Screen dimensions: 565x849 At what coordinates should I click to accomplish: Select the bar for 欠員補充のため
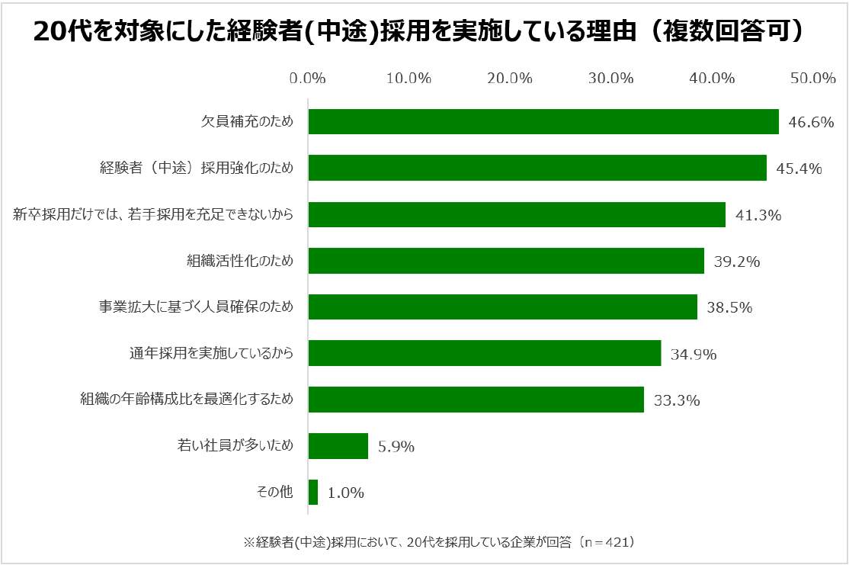pyautogui.click(x=543, y=122)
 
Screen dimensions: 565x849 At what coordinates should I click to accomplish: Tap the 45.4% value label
pyautogui.click(x=799, y=169)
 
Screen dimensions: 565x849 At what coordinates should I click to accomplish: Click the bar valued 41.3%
pyautogui.click(x=517, y=214)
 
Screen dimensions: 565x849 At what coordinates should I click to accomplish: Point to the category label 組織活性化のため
pyautogui.click(x=240, y=262)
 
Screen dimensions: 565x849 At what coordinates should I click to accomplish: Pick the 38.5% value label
pyautogui.click(x=729, y=307)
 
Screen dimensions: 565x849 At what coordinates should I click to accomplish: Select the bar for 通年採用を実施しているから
pyautogui.click(x=485, y=353)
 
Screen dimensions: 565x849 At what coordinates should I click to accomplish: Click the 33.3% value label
pyautogui.click(x=676, y=400)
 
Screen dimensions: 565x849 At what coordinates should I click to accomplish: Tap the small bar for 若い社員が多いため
pyautogui.click(x=338, y=446)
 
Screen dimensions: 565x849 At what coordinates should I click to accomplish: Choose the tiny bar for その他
pyautogui.click(x=313, y=492)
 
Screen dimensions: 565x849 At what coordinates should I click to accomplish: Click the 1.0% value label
pyautogui.click(x=346, y=493)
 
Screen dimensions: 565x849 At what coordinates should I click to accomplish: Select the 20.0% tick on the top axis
pyautogui.click(x=510, y=78)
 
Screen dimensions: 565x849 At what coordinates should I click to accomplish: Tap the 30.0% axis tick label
pyautogui.click(x=611, y=78)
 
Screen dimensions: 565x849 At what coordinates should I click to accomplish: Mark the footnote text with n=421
pyautogui.click(x=439, y=542)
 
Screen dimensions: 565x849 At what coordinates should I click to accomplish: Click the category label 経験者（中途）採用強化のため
pyautogui.click(x=202, y=169)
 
